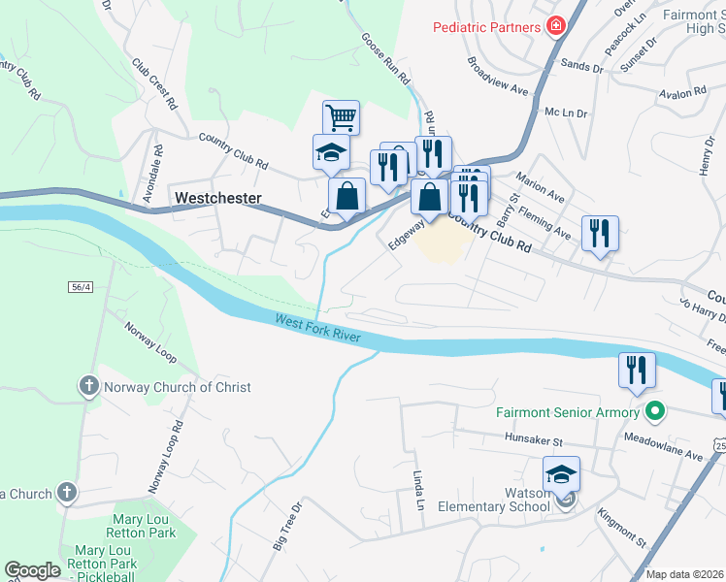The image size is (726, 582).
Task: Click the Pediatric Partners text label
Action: click(486, 27)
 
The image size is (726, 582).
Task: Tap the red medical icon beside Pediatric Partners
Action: click(556, 26)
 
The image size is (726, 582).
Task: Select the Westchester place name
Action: click(218, 198)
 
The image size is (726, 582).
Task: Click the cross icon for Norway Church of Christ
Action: click(88, 387)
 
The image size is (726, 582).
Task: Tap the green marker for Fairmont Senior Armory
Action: click(655, 412)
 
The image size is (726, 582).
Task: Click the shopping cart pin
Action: click(341, 117)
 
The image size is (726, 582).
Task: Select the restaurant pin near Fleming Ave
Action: click(600, 233)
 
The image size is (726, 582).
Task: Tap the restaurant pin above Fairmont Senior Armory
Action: click(637, 370)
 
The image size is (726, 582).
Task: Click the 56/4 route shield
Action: click(81, 287)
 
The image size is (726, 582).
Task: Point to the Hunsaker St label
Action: click(534, 439)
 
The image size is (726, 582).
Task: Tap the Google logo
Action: click(32, 570)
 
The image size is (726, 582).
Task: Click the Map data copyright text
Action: click(685, 574)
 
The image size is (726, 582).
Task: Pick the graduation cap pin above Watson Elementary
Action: click(561, 473)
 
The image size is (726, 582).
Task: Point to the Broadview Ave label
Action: click(496, 75)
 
